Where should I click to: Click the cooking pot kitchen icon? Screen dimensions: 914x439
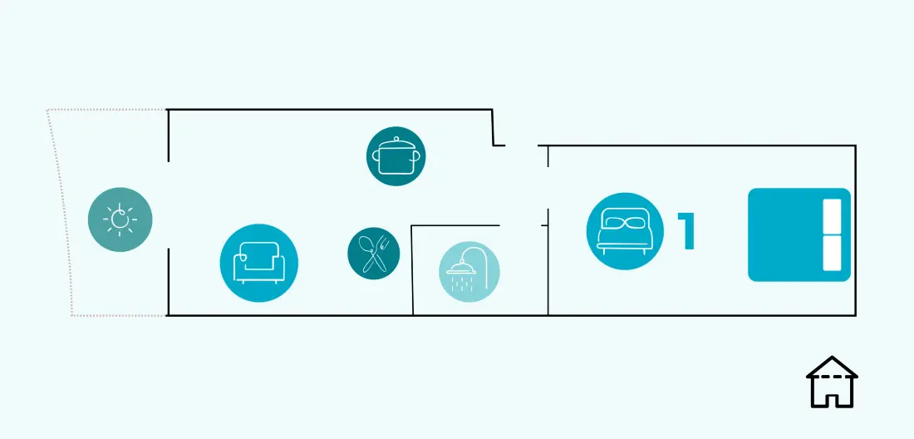(x=396, y=156)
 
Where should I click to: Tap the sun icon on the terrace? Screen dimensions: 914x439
(x=120, y=219)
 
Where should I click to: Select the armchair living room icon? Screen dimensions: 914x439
(x=258, y=263)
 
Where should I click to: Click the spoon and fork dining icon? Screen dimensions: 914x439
(x=374, y=253)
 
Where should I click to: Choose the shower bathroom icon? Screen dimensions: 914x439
(x=469, y=272)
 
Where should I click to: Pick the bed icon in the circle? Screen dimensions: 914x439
(x=625, y=231)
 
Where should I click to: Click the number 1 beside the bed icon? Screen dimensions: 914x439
(x=687, y=231)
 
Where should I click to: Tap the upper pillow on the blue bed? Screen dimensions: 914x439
(x=832, y=216)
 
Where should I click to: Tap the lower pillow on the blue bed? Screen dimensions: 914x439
(x=832, y=253)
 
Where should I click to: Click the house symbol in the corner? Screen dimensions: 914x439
(x=832, y=382)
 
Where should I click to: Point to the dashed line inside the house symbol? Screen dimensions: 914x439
(x=832, y=377)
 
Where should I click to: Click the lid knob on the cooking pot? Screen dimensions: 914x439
(x=396, y=140)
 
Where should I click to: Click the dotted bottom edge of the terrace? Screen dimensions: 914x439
(x=119, y=315)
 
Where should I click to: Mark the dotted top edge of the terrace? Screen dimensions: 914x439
(x=106, y=109)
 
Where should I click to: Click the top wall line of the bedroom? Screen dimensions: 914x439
(x=696, y=146)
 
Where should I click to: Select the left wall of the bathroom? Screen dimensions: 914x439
(x=412, y=270)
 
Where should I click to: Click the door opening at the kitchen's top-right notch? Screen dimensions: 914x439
(x=521, y=146)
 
